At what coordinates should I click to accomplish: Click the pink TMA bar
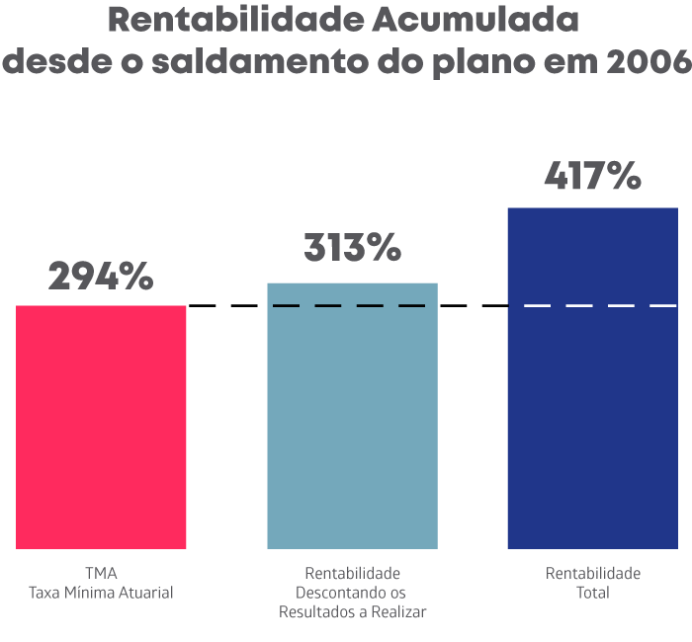pyautogui.click(x=101, y=427)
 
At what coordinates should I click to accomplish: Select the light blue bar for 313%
pyautogui.click(x=352, y=425)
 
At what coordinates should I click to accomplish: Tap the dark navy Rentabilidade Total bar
pyautogui.click(x=592, y=395)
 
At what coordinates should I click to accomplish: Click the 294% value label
pyautogui.click(x=101, y=278)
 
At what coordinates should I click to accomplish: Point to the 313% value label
pyautogui.click(x=352, y=249)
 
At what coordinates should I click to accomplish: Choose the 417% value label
pyautogui.click(x=592, y=176)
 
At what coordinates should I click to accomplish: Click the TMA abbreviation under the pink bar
pyautogui.click(x=101, y=573)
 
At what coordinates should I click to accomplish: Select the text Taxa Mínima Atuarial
pyautogui.click(x=101, y=593)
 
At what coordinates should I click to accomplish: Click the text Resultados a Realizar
pyautogui.click(x=352, y=612)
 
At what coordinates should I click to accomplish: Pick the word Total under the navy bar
pyautogui.click(x=592, y=593)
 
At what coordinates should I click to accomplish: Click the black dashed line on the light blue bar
pyautogui.click(x=349, y=306)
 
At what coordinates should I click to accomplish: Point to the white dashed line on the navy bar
pyautogui.click(x=594, y=306)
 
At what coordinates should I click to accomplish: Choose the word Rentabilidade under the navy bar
pyautogui.click(x=592, y=573)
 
